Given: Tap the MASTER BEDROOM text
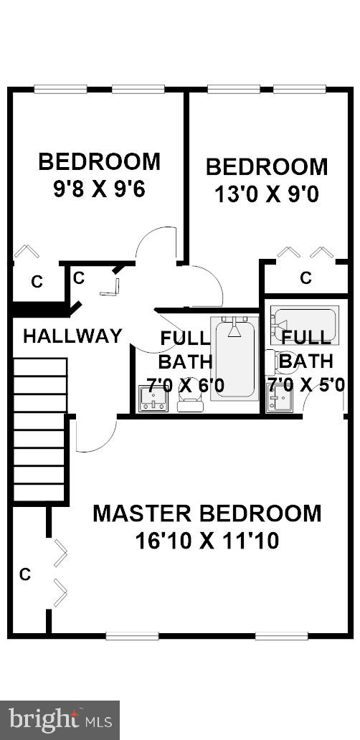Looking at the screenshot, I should coord(207,513).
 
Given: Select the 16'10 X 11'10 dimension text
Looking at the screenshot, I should coord(207,540).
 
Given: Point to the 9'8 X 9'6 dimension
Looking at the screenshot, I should coord(99,190).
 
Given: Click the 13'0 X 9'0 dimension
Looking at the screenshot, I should coord(266,194).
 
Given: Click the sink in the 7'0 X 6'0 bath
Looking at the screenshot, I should coord(152,399).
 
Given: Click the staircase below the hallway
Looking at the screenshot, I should coord(39,430).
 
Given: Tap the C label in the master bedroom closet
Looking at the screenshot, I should coord(25,574).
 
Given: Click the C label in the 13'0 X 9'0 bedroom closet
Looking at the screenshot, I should coord(305,277).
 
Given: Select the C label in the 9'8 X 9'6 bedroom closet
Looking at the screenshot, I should coord(36,282).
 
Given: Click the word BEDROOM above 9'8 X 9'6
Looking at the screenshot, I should coord(99,161).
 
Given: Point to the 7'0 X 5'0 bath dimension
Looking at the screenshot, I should coord(306,385).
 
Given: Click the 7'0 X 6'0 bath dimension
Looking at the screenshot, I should coord(185,386).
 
